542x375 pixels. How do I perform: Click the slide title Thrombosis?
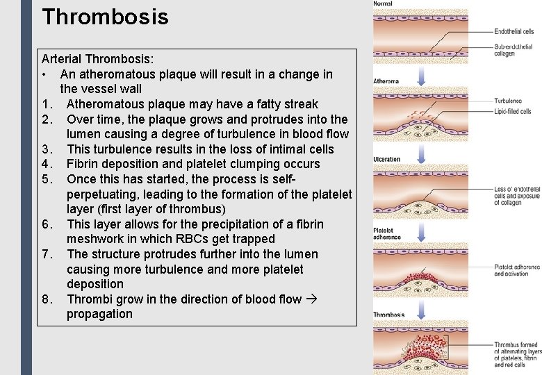tap(105, 16)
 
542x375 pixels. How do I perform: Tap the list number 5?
tap(47, 179)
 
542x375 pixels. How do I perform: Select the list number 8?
tap(47, 299)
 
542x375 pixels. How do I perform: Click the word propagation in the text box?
tap(99, 314)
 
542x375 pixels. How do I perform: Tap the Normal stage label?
tap(383, 4)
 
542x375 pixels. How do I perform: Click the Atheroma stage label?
tap(386, 81)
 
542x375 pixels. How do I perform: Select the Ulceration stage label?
tap(387, 159)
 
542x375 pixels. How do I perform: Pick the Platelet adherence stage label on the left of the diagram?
tap(387, 233)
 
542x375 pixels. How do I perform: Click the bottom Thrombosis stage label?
tap(389, 315)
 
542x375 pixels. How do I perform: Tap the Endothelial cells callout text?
tap(514, 31)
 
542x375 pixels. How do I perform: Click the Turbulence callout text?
tap(508, 101)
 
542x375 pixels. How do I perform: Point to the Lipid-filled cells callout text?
tap(513, 111)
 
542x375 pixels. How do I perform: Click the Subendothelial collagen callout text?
tap(514, 50)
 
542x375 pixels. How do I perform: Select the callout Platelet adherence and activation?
tap(517, 270)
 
